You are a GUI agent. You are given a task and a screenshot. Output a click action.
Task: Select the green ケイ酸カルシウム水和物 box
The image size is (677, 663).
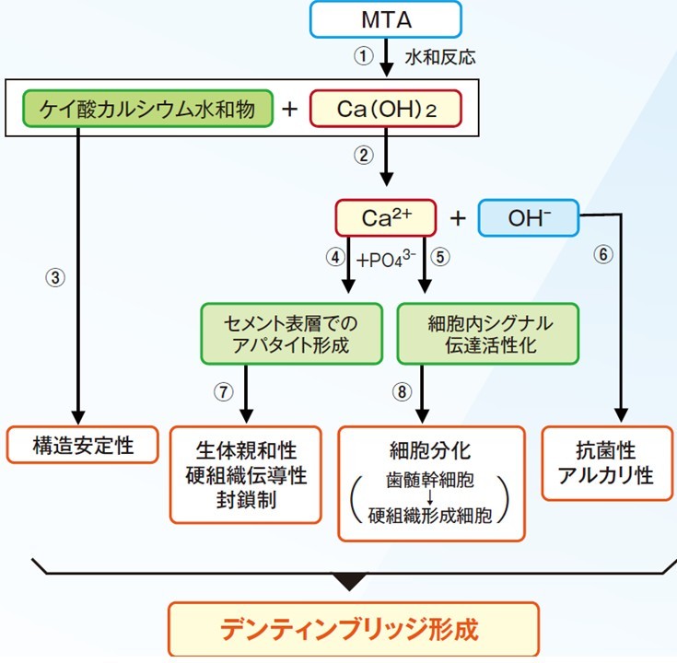coord(146,109)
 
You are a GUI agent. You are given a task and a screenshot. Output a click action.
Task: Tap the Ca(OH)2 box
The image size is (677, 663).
coord(385,109)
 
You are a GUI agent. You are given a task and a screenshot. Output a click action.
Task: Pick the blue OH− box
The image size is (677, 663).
coord(529,217)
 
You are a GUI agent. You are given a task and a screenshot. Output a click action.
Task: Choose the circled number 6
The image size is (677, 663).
coord(603,255)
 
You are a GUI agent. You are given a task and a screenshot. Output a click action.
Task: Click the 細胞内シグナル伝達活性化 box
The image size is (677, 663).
coord(489,334)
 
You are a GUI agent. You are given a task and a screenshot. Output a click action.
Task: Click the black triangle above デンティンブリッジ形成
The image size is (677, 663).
coord(349,582)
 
